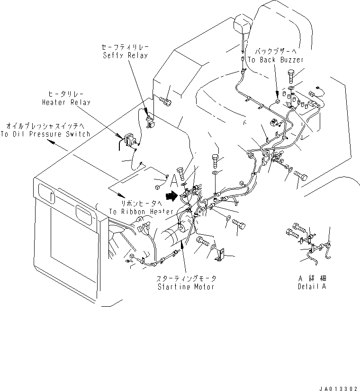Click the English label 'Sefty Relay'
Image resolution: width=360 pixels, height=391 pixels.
click(125, 55)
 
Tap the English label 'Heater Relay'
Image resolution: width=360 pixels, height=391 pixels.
click(66, 102)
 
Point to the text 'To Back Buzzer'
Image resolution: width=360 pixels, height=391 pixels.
click(276, 60)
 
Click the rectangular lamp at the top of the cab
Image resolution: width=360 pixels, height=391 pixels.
click(244, 23)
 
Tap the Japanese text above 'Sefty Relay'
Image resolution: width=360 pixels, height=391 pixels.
click(125, 48)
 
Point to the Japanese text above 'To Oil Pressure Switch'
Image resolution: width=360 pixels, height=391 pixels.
click(46, 126)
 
